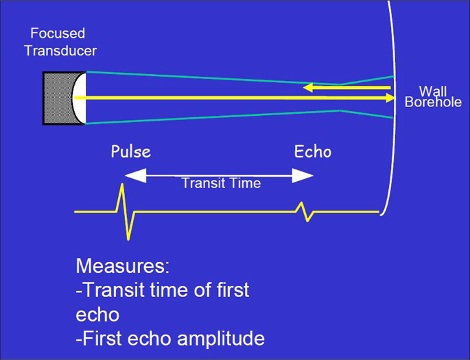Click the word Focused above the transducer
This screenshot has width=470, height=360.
(58, 32)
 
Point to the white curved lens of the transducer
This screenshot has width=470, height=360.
(79, 97)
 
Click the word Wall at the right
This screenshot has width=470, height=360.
(432, 91)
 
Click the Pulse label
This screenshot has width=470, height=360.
(131, 151)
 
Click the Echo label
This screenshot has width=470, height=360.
(313, 151)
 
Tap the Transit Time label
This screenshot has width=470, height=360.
(221, 183)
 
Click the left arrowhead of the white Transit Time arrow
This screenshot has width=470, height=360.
(130, 176)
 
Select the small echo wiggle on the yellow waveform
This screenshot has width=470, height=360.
(304, 211)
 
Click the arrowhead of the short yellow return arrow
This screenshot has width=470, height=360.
(309, 87)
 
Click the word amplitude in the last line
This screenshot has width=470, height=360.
(222, 338)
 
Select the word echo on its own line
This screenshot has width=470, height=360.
(97, 314)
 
